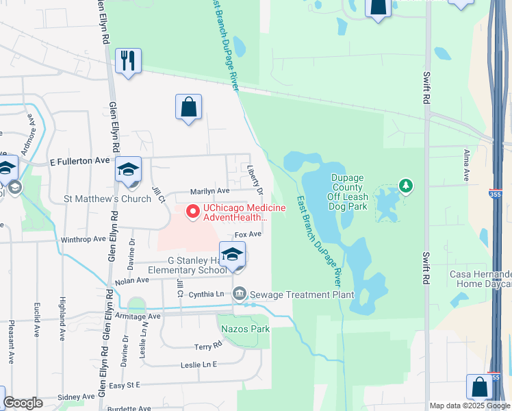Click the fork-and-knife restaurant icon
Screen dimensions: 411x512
coord(128,61)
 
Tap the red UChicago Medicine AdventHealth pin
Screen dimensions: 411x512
coord(193,212)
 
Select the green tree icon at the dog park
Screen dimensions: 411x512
coord(407,185)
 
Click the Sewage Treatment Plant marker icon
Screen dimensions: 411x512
coord(240,294)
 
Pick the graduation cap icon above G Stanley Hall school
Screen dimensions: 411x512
coord(233,254)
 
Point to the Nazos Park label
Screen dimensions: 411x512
coord(245,329)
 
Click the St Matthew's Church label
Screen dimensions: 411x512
coord(107,199)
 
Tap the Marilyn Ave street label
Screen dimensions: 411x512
coord(209,191)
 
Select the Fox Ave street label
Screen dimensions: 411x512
coord(248,234)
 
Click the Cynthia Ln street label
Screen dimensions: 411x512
coord(207,294)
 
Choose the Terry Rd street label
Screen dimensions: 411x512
coord(208,347)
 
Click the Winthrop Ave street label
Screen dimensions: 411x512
coord(83,240)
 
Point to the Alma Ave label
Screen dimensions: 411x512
coord(466,165)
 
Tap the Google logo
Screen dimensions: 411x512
coord(23,403)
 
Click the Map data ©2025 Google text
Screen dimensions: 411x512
coord(469,405)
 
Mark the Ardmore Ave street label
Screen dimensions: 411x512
coord(27,141)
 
